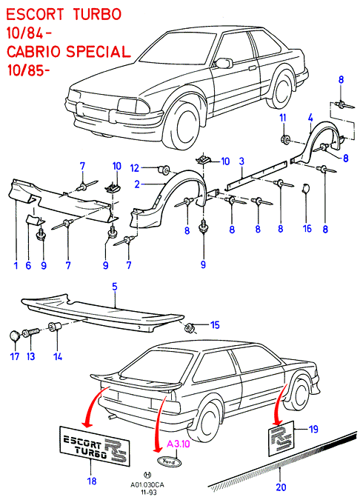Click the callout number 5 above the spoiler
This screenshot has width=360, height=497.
pos(114,287)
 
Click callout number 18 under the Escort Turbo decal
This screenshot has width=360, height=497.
pos(92,481)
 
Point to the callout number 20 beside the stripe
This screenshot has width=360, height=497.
pos(281,487)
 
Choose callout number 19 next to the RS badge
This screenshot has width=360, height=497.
pos(313,429)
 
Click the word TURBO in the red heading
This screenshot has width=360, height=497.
pos(97,14)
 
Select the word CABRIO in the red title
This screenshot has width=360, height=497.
pos(33,52)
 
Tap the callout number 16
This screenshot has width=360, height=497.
pos(307,228)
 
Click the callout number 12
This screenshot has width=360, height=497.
pos(135,168)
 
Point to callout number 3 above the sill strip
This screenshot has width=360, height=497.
pos(241,161)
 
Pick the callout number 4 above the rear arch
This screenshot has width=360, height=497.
pos(310,119)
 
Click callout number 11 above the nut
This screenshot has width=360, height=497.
pos(283,118)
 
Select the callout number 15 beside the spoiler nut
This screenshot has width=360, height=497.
pos(215,325)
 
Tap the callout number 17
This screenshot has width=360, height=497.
pos(15,356)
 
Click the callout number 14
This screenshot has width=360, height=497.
pos(57,356)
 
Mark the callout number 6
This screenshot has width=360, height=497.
pos(28,265)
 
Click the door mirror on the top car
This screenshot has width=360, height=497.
pos(224,63)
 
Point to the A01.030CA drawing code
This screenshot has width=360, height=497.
pos(147,485)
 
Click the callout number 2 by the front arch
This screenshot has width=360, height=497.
pos(137,184)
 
